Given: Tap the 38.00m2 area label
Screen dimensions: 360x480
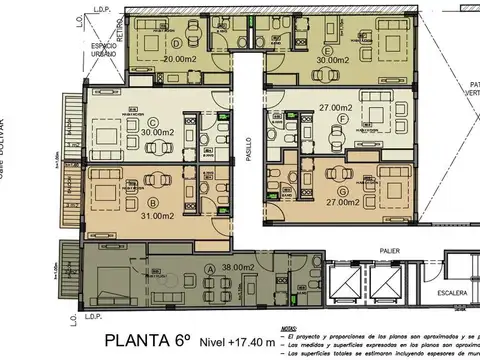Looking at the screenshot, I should tap(243, 268).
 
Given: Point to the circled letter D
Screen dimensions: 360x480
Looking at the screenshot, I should tap(176, 44).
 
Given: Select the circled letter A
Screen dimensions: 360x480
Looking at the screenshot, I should tap(209, 268).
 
